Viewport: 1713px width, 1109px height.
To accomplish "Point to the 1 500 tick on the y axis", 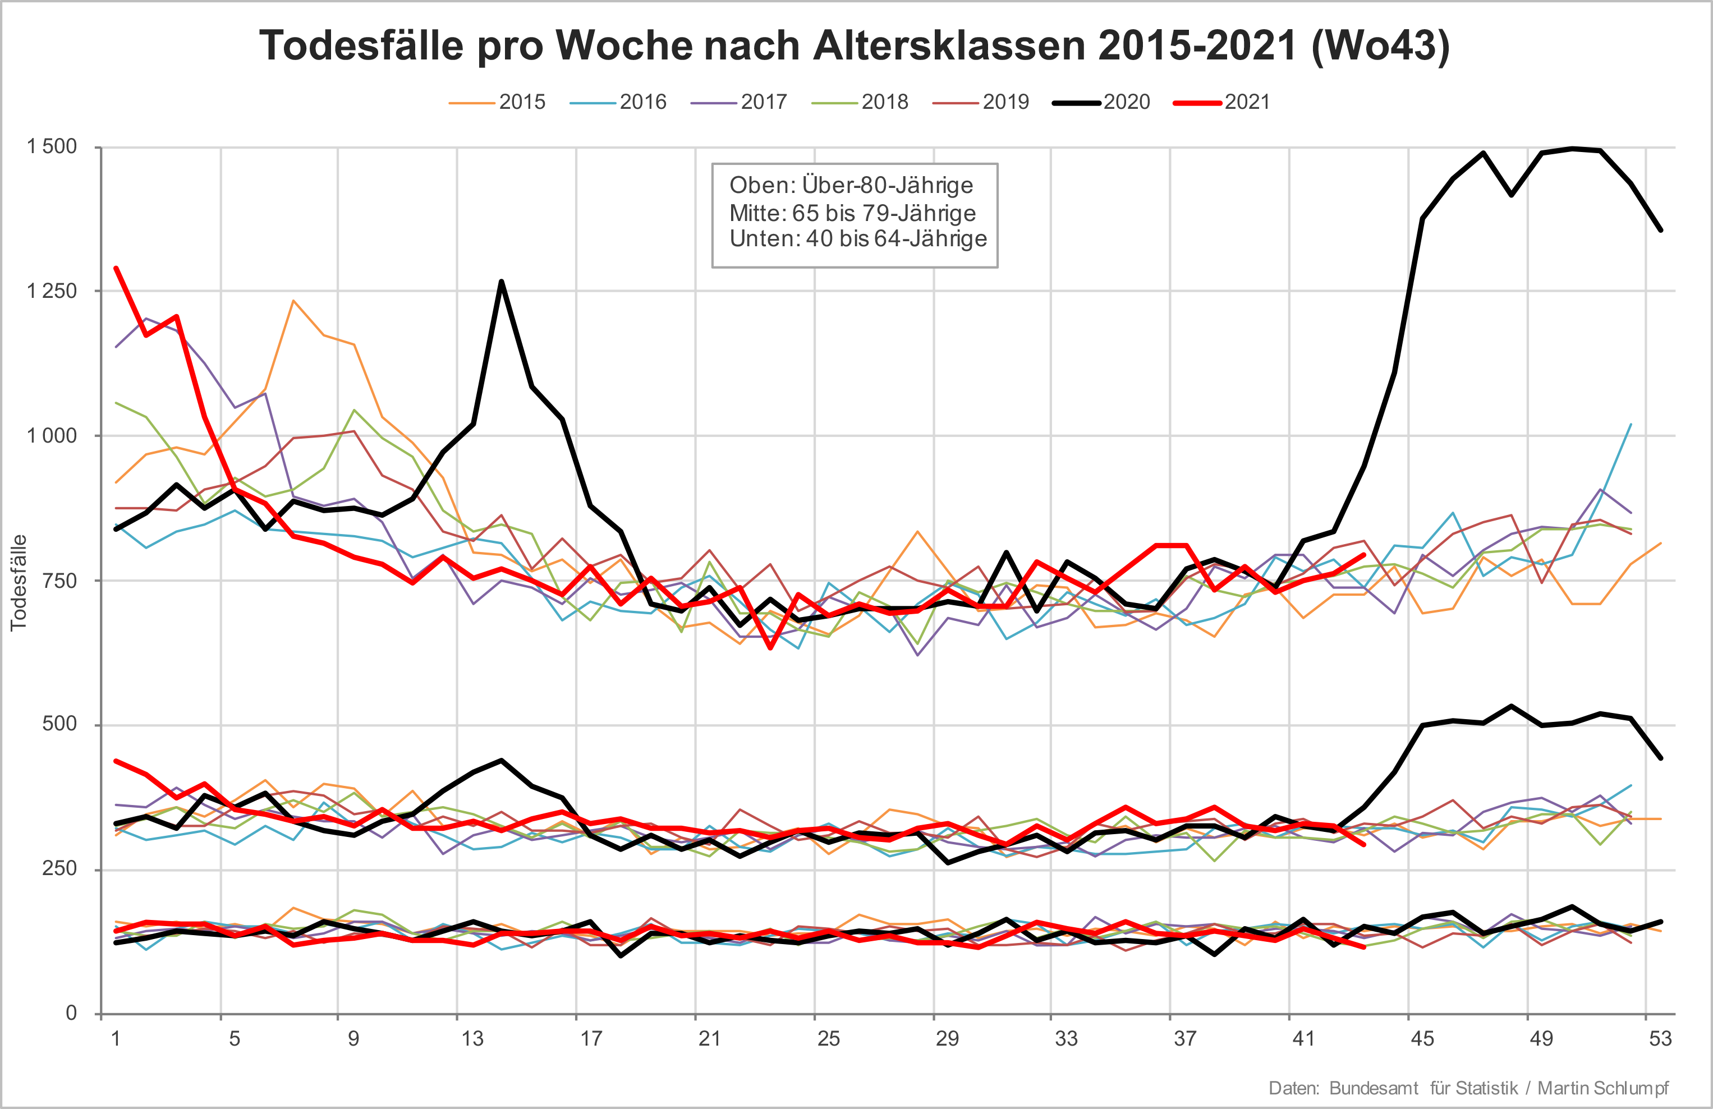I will click(52, 147).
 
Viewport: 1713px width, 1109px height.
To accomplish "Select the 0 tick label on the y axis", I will click(71, 1013).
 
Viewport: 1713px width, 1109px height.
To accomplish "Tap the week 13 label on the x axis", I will click(472, 1038).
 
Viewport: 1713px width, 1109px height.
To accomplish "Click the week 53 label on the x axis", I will click(1660, 1038).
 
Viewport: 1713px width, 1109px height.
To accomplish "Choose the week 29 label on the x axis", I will click(947, 1038).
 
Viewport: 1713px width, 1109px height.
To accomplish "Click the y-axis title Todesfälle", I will click(19, 583).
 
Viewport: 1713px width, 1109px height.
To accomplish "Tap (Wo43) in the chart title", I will click(1380, 46).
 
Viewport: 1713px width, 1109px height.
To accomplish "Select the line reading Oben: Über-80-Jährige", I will click(851, 186).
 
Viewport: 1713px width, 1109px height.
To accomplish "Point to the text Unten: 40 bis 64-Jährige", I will click(858, 239).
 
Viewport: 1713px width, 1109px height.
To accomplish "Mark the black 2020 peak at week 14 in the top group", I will click(501, 282).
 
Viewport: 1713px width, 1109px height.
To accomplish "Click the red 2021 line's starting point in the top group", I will click(117, 269).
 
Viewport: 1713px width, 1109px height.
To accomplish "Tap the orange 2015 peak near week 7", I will click(293, 301).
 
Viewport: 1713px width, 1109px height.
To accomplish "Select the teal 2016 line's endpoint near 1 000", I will click(1630, 425).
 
